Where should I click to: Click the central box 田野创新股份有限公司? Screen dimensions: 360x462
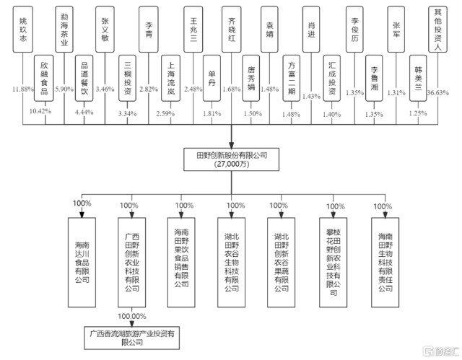coord(231,159)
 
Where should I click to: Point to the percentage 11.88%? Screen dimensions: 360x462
coord(23,89)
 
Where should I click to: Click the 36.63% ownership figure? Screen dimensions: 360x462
coord(436,92)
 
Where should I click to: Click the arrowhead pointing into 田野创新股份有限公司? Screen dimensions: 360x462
coord(231,144)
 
